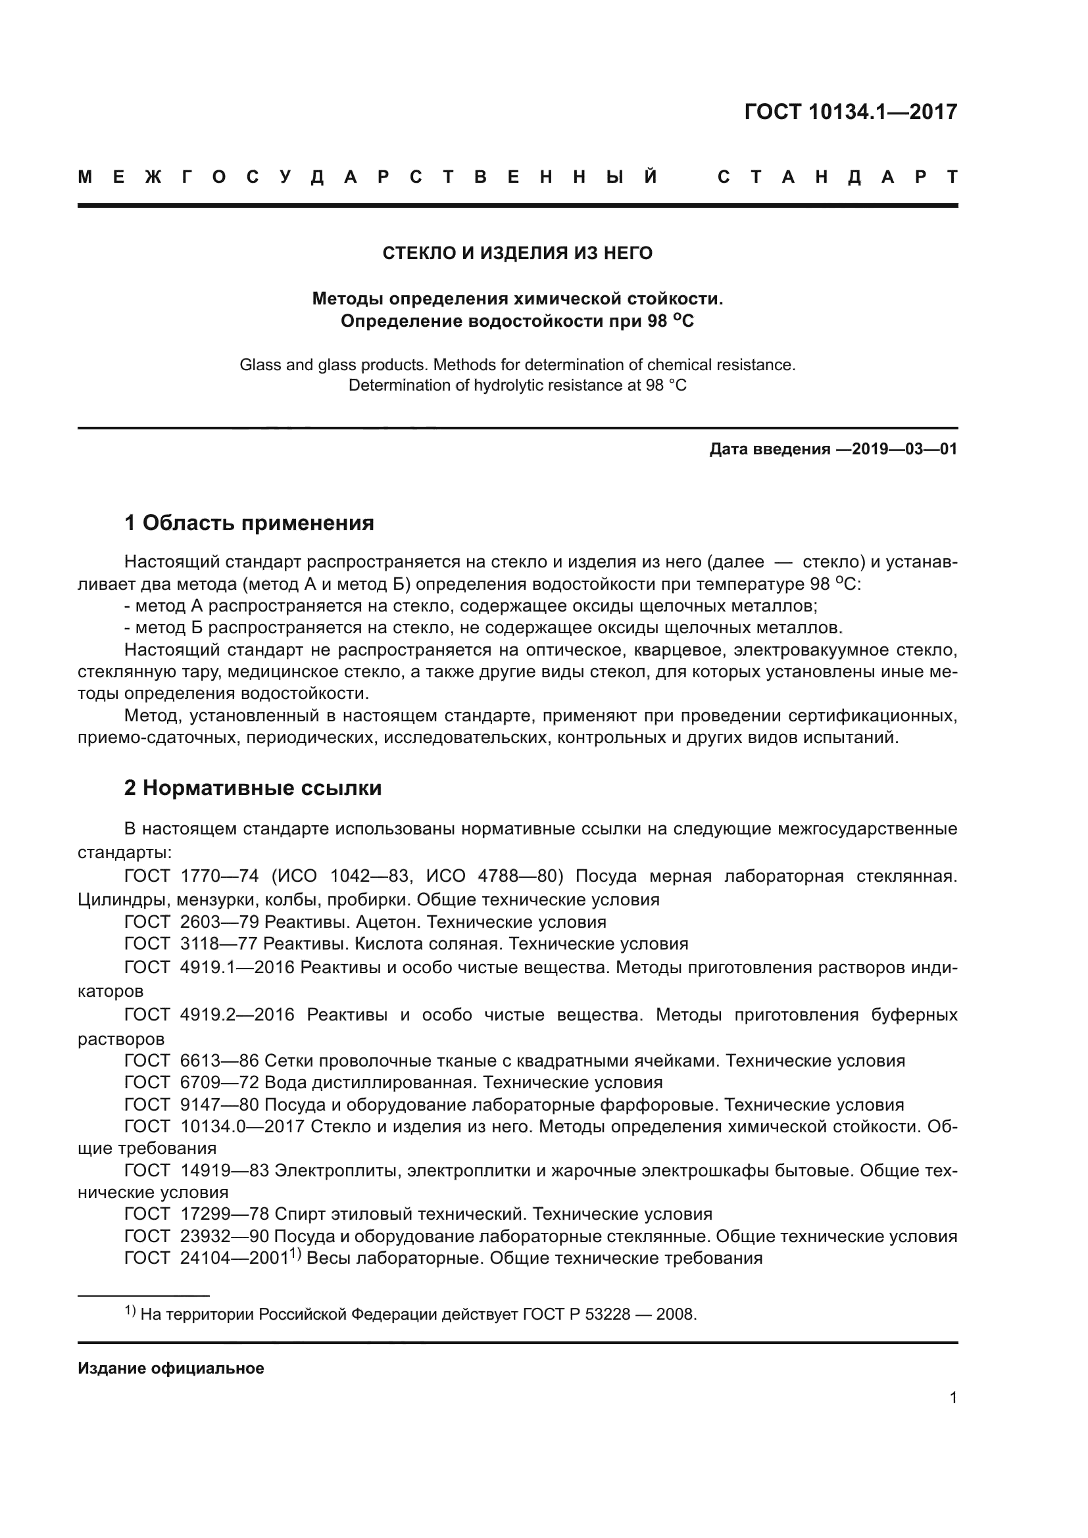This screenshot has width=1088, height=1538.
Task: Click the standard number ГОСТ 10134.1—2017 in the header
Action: point(850,112)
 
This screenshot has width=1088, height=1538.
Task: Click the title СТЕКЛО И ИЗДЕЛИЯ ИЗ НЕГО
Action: point(517,253)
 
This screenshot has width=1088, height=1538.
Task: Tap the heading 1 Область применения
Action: point(249,523)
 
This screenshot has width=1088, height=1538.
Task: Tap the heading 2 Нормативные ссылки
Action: point(253,788)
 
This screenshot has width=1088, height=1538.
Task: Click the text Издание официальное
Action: point(171,1368)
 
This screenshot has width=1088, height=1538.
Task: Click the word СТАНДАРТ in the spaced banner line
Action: point(837,178)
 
